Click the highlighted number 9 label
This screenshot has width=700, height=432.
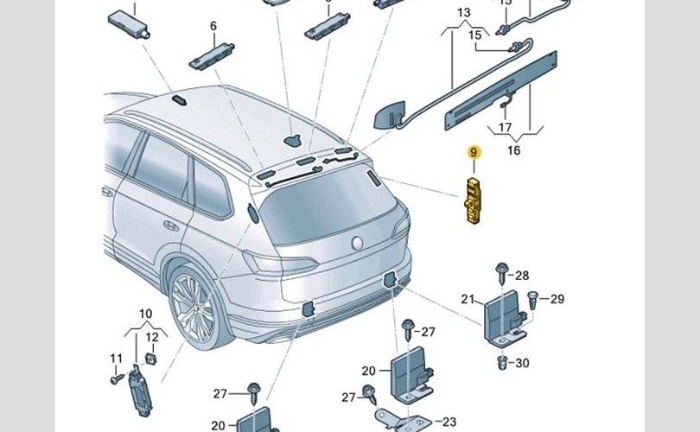coord(474,153)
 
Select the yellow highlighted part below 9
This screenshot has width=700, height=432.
coord(473,200)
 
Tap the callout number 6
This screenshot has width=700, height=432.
coord(213,26)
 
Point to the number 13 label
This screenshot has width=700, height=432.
coord(464,12)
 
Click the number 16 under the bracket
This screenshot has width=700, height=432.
coord(514,150)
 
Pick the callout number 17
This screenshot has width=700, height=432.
coord(505,127)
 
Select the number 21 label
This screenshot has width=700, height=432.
coord(468,299)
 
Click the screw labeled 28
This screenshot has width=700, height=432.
coord(502,272)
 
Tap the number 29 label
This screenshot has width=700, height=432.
coord(557,299)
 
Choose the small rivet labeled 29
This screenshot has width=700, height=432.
coord(532,300)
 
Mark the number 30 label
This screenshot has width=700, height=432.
coord(522,363)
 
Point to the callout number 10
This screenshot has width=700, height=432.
coord(146,314)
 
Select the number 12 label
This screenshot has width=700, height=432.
coord(152,337)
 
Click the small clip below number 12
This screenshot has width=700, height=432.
coord(151,359)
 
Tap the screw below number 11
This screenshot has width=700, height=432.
coord(117,379)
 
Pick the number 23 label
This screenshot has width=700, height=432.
coord(449,422)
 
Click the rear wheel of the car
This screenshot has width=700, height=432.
coord(196,307)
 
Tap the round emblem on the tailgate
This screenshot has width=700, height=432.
coord(357,244)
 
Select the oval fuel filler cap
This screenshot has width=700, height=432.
coord(253,213)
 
